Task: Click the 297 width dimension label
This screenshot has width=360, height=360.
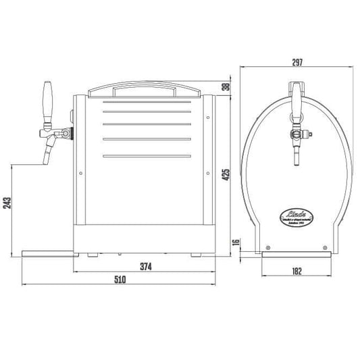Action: click(x=297, y=62)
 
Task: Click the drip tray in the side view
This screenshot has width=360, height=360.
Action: click(x=47, y=253)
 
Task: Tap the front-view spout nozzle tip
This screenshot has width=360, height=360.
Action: click(x=296, y=162)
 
